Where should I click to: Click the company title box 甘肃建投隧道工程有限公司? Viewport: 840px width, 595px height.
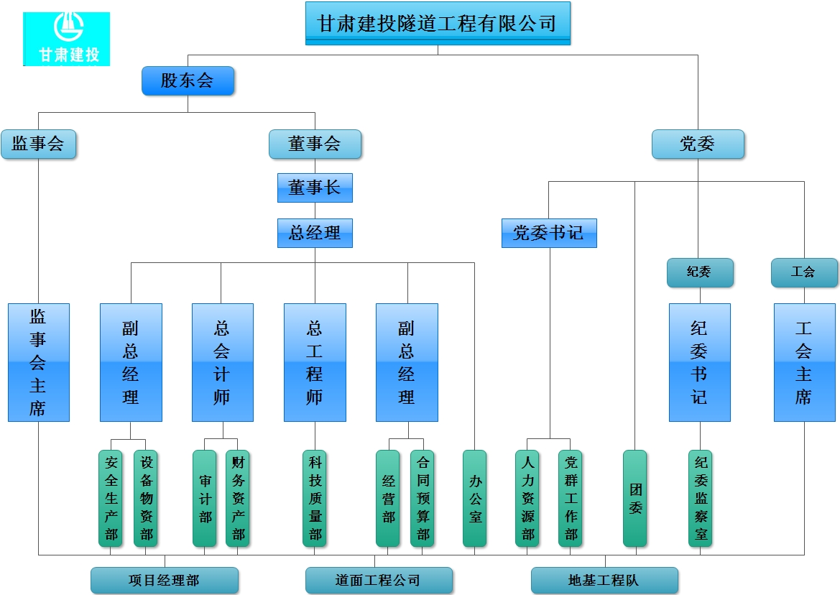(x=438, y=23)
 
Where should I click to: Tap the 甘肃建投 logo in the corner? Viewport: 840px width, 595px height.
(x=67, y=39)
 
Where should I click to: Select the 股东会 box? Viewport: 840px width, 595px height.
(x=188, y=80)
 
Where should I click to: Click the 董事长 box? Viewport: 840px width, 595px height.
(x=315, y=188)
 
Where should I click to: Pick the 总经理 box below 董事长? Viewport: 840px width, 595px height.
(x=315, y=233)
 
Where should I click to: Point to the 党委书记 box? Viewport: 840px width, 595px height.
(x=549, y=233)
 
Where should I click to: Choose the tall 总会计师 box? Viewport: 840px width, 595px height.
(x=222, y=362)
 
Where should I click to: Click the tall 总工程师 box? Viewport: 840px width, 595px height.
(x=315, y=362)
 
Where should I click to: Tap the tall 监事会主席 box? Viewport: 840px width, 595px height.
(x=39, y=362)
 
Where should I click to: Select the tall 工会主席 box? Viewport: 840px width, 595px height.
(x=804, y=362)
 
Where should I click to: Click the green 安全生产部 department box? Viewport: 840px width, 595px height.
(x=111, y=498)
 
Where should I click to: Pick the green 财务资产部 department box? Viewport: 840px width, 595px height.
(x=238, y=498)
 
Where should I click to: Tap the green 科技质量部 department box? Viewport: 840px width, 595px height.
(x=315, y=498)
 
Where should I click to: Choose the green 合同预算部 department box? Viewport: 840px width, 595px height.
(x=423, y=498)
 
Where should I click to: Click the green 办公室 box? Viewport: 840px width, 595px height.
(x=474, y=498)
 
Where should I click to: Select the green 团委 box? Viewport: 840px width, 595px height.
(x=635, y=498)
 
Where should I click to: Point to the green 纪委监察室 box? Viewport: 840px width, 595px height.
(x=700, y=498)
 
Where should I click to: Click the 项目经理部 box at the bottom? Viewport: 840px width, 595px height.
(x=165, y=580)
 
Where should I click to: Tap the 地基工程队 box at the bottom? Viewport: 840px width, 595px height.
(x=604, y=580)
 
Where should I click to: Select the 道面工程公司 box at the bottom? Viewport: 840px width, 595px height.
(x=379, y=580)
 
